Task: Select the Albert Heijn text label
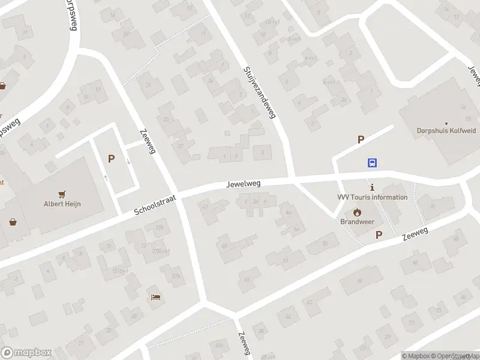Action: [x=62, y=204]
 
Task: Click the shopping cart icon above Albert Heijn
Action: [x=62, y=194]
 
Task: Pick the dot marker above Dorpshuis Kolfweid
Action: [x=445, y=122]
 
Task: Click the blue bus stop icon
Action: [x=373, y=163]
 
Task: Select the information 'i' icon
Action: [x=372, y=187]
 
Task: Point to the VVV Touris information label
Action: [x=372, y=197]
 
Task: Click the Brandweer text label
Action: [x=358, y=221]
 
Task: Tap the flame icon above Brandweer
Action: [x=358, y=211]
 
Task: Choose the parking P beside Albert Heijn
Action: [x=111, y=159]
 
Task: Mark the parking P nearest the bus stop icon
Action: [x=361, y=140]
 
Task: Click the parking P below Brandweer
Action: [x=379, y=235]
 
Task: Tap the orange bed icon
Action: [x=156, y=297]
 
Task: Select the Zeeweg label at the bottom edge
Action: [x=243, y=344]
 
